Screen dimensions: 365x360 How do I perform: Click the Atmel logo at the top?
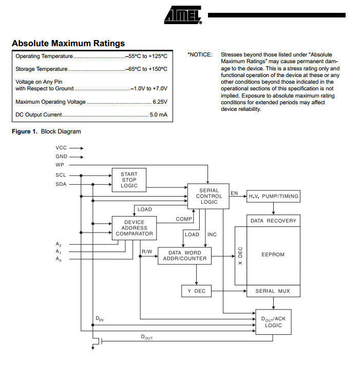[183, 15]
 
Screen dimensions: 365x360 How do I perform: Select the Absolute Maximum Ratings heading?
[68, 43]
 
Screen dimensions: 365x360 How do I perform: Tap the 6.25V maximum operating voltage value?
[160, 102]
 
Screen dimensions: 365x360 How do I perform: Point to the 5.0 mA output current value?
[158, 114]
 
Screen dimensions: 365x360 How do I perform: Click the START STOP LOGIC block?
[129, 180]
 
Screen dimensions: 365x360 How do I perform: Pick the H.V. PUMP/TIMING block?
[273, 196]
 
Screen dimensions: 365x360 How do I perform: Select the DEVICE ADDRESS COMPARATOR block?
[134, 228]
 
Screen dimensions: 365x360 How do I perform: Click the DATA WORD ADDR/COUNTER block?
[185, 255]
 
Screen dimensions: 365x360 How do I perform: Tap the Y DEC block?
[196, 291]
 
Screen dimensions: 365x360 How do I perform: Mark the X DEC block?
[240, 255]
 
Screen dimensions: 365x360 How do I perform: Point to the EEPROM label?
[273, 255]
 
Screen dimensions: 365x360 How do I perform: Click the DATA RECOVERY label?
[273, 221]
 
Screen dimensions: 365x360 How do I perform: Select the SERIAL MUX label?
[273, 291]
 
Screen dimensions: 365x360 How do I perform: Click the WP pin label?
[61, 165]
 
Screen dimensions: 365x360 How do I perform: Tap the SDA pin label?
[61, 184]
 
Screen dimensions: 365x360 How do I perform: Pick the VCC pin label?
[61, 148]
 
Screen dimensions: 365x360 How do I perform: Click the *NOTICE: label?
[200, 54]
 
